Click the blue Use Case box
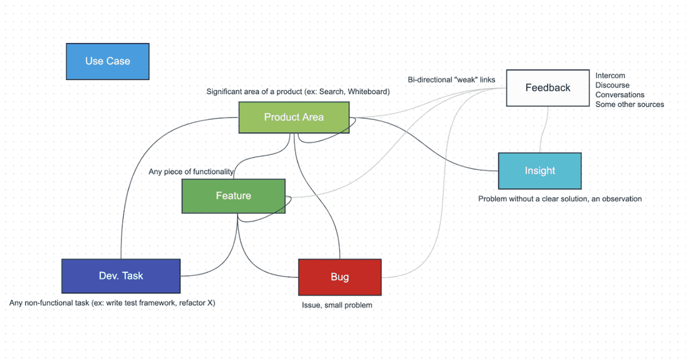coord(107,61)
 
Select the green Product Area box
coord(293,117)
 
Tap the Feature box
coord(233,196)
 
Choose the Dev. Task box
coord(121,276)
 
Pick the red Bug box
coord(339,277)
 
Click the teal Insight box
coord(539,171)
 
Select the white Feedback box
coord(548,88)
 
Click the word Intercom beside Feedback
coord(610,75)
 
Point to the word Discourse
coord(612,85)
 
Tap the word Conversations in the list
coord(619,95)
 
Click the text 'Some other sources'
coord(629,104)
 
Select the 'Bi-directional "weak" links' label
coord(451,80)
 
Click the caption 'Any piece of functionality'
coord(191,172)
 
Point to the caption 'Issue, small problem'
coord(337,305)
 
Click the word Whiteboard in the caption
coord(368,92)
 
